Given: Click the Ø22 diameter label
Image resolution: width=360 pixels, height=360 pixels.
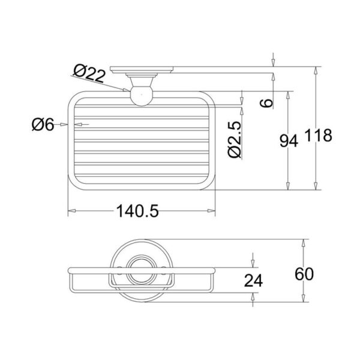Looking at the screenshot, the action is (89, 73).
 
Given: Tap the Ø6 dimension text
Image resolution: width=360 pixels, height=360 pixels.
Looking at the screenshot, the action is (43, 125).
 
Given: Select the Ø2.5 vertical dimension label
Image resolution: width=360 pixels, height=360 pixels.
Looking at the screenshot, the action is (235, 139).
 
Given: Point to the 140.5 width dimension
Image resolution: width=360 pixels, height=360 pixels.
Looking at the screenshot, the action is (137, 211).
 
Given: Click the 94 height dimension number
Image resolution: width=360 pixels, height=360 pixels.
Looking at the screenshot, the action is (289, 141).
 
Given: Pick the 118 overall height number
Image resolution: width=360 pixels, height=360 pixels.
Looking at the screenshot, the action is (319, 135).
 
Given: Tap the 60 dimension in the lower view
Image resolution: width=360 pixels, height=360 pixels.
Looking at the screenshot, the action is (304, 274).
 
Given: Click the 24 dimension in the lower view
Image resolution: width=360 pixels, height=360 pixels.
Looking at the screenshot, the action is (253, 280).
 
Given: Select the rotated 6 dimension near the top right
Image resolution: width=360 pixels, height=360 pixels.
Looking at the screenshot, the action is (266, 103).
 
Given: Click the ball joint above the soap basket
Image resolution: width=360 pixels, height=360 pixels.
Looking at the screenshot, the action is (142, 95).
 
